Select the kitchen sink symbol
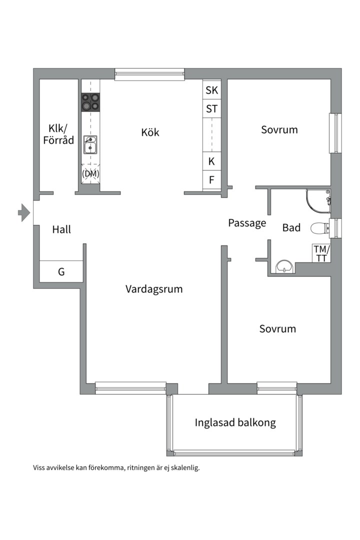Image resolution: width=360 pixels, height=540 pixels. pyautogui.click(x=90, y=144)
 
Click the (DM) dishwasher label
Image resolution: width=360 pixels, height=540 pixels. pyautogui.click(x=90, y=173)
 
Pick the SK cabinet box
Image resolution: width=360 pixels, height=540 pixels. pyautogui.click(x=211, y=90)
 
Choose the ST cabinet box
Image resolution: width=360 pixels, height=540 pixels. pyautogui.click(x=211, y=108)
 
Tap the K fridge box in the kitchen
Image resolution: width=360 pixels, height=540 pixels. pyautogui.click(x=211, y=161)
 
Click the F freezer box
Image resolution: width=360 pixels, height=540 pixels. pyautogui.click(x=211, y=180)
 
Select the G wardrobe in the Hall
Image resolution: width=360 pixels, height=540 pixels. pyautogui.click(x=61, y=272)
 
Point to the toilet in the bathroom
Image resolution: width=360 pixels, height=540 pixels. pyautogui.click(x=318, y=228)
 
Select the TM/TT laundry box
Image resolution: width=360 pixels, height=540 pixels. pyautogui.click(x=320, y=253)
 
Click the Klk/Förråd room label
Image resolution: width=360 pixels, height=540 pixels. pyautogui.click(x=58, y=133)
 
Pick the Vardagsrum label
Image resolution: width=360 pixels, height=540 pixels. pyautogui.click(x=154, y=289)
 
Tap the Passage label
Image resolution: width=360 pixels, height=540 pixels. pyautogui.click(x=247, y=223)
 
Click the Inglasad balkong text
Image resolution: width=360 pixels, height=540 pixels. pyautogui.click(x=235, y=423)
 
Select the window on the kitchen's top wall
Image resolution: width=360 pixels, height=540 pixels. pyautogui.click(x=149, y=74)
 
